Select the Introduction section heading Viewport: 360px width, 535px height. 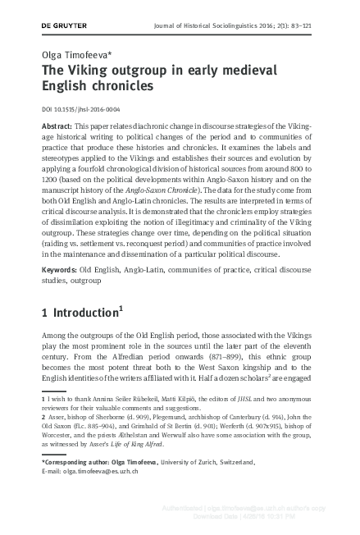pyautogui.click(x=87, y=313)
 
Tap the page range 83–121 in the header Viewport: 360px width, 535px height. pyautogui.click(x=329, y=25)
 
